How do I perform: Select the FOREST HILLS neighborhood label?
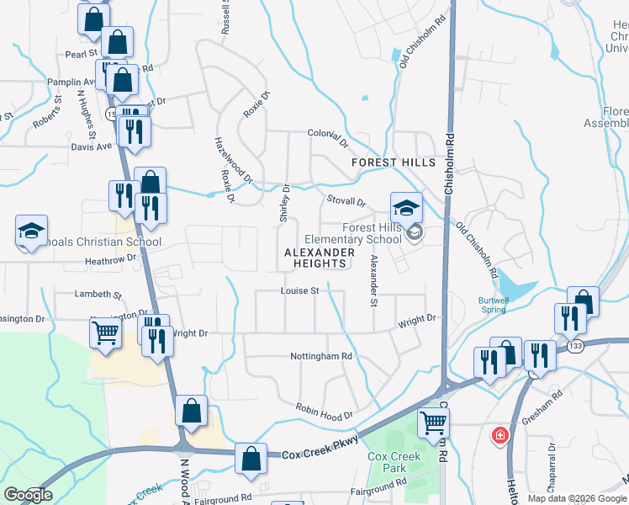(x=394, y=162)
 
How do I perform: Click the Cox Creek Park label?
(x=394, y=462)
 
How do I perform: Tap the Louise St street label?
(x=300, y=291)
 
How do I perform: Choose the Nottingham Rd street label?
(x=321, y=356)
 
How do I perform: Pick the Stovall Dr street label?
(x=346, y=201)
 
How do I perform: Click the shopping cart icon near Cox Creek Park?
(x=433, y=423)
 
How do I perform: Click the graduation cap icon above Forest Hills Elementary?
(x=405, y=206)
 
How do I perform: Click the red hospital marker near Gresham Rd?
(x=499, y=435)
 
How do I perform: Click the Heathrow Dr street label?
(x=110, y=260)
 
